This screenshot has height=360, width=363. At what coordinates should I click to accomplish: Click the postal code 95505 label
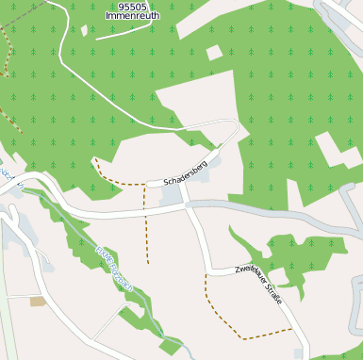point(133,7)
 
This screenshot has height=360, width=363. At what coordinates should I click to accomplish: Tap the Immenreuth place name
point(133,16)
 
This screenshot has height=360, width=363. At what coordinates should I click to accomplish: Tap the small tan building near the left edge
point(38,302)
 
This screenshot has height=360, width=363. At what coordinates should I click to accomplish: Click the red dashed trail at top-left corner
point(8,57)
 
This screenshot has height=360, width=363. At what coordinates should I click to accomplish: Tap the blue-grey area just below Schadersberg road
point(171,195)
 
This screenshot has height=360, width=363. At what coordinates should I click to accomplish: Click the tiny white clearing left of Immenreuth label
point(84,30)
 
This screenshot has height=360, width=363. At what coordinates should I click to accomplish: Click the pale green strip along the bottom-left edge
point(8,330)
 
